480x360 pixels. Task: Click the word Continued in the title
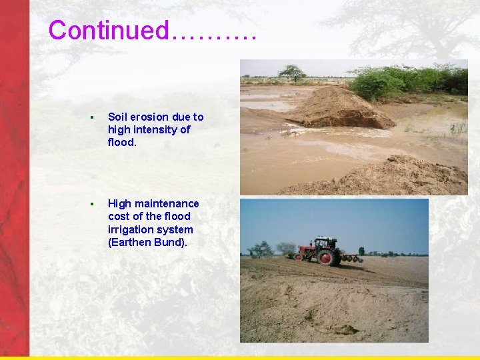(109, 30)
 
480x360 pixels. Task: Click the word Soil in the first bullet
(117, 117)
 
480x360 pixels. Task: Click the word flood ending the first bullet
(121, 142)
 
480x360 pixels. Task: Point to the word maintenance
(167, 203)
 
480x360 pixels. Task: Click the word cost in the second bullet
(118, 216)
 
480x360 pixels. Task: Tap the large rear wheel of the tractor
(328, 257)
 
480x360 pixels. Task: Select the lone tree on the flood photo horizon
(292, 71)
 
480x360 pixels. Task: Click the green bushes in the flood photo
(407, 80)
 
